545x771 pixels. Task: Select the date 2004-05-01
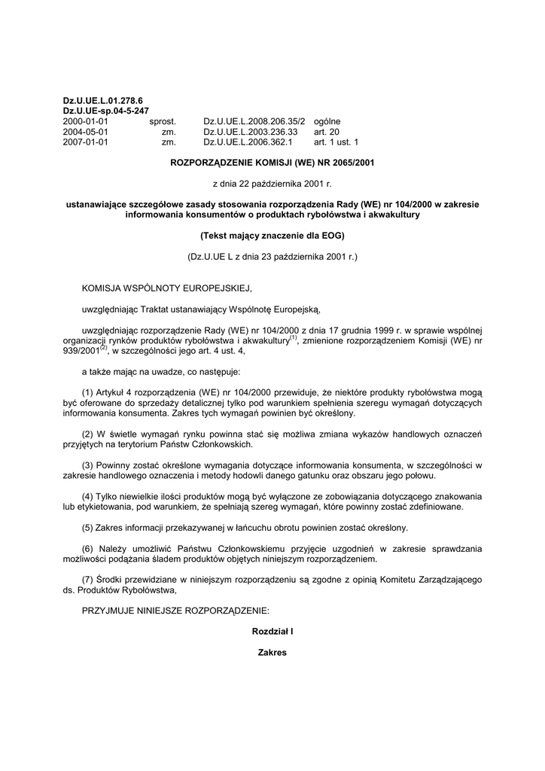(86, 131)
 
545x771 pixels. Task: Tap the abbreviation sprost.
(163, 120)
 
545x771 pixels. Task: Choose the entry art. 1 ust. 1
(336, 142)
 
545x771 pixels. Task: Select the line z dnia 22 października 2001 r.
(272, 183)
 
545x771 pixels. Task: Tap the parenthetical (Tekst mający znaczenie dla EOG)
(272, 236)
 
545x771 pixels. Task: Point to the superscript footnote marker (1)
(294, 337)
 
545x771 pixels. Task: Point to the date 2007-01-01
(86, 142)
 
